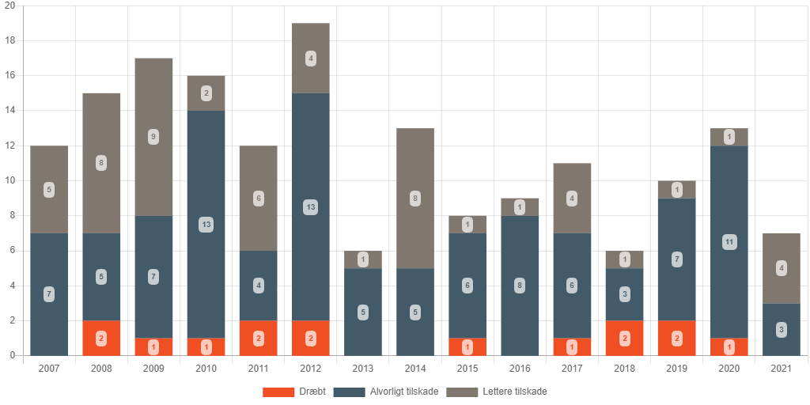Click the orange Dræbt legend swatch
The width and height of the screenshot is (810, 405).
278,392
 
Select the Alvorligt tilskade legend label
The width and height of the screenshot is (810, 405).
399,392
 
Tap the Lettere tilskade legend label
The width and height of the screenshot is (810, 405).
514,392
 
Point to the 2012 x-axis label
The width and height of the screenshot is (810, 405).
310,369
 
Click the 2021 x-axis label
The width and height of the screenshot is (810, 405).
781,369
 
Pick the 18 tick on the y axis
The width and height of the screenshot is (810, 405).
10,40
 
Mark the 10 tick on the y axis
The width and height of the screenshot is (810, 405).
10,180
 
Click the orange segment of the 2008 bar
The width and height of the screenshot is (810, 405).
101,339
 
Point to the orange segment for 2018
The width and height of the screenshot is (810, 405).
623,339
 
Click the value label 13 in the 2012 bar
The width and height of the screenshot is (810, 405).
310,207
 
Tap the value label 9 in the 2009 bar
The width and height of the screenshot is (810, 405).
153,137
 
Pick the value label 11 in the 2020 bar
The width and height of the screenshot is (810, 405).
729,242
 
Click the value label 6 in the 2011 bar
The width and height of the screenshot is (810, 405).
258,199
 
